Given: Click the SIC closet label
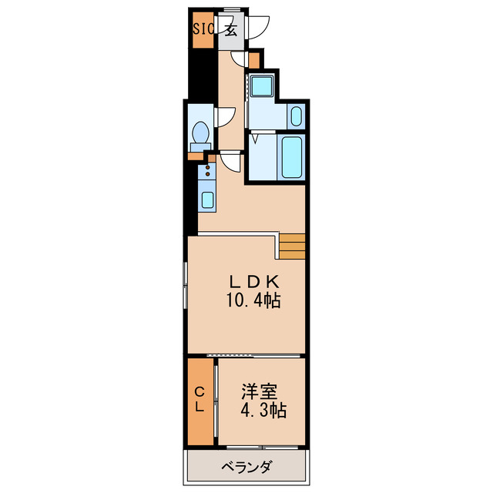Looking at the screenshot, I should [x=203, y=31].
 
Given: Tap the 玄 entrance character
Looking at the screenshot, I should [x=230, y=31].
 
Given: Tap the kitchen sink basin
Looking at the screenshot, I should [x=207, y=200].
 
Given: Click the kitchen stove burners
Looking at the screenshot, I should [x=207, y=170].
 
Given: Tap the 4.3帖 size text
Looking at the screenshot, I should [x=261, y=411].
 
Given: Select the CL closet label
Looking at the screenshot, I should [x=199, y=401].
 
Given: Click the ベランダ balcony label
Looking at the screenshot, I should [x=246, y=467].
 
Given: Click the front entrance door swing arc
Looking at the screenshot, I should [x=257, y=25].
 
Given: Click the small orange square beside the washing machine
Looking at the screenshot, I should [x=254, y=59].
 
